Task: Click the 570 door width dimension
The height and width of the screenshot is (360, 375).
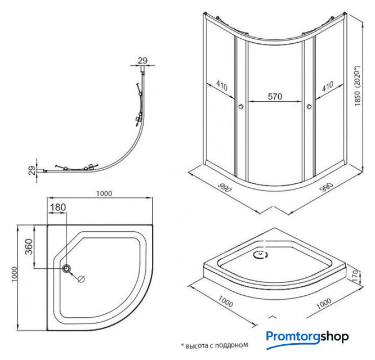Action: click(x=274, y=96)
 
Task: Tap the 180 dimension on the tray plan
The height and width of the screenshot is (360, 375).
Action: click(x=58, y=207)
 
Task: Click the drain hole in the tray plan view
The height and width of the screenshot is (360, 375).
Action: click(x=68, y=268)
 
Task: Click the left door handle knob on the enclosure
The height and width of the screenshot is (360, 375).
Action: click(x=240, y=107)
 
